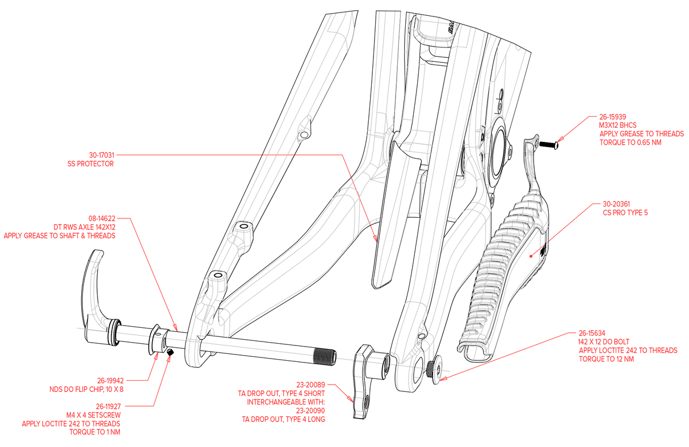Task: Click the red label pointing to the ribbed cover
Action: click(624, 208)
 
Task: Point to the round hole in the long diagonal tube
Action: click(305, 134)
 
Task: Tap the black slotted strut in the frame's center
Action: click(391, 227)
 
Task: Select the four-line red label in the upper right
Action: click(631, 129)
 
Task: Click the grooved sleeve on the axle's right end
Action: click(363, 357)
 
